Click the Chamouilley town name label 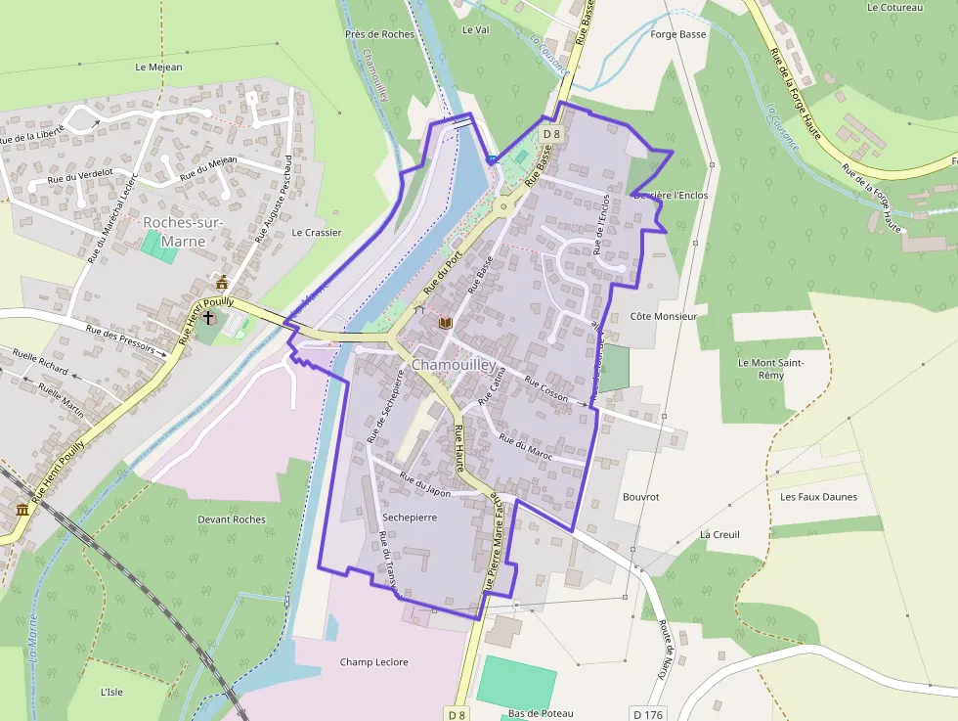(x=454, y=364)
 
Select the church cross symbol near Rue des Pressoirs (x=208, y=318)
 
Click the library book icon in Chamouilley (x=446, y=322)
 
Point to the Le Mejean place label (x=159, y=68)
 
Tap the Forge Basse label (x=677, y=34)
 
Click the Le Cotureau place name (x=894, y=8)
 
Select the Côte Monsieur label (x=663, y=317)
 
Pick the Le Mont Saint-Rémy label (x=771, y=369)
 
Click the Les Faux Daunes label (x=818, y=497)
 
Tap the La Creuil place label (x=719, y=535)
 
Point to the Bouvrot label (x=640, y=497)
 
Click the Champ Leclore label (x=373, y=662)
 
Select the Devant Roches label (x=231, y=519)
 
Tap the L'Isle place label (x=111, y=692)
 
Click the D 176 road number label (x=647, y=715)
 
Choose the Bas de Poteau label (x=541, y=713)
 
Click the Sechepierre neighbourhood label (x=410, y=516)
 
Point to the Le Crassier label (x=317, y=233)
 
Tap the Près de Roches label (x=379, y=34)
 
